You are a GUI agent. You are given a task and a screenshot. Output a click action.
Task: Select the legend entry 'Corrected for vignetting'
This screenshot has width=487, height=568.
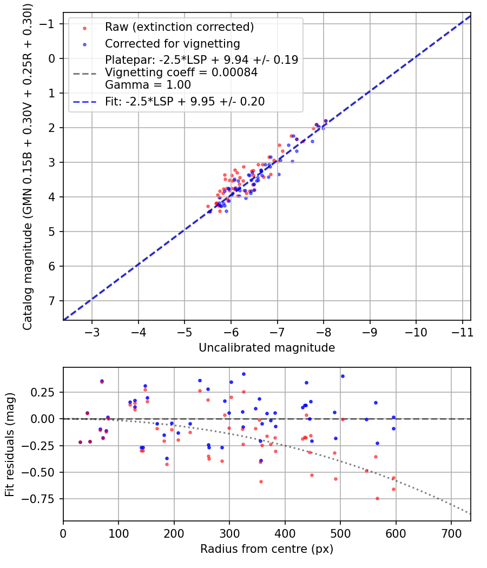tap(172, 43)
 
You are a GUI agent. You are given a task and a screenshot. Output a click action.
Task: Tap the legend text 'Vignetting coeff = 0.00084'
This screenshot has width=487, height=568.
tap(181, 72)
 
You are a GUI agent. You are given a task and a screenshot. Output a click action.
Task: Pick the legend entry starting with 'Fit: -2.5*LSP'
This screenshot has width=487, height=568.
tap(185, 101)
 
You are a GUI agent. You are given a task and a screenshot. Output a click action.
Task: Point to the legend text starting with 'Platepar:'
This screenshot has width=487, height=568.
tap(201, 60)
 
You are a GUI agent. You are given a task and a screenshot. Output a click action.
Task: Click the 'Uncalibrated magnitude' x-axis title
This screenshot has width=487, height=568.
tap(267, 348)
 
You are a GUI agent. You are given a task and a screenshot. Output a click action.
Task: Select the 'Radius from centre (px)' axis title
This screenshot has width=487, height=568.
tap(267, 549)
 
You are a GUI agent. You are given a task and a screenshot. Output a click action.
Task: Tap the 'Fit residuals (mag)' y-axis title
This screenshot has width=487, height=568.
tap(10, 444)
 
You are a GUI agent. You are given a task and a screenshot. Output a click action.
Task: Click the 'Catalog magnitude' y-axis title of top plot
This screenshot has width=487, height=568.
tap(28, 167)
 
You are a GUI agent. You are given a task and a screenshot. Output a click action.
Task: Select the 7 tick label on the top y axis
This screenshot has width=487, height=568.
tap(52, 301)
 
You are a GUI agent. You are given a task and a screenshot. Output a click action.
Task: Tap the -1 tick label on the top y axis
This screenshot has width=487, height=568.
tap(49, 24)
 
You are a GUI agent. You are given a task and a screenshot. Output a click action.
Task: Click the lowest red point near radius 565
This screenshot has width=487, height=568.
tap(377, 498)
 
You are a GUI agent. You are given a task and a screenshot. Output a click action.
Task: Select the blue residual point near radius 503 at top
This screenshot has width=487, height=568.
tap(343, 376)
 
